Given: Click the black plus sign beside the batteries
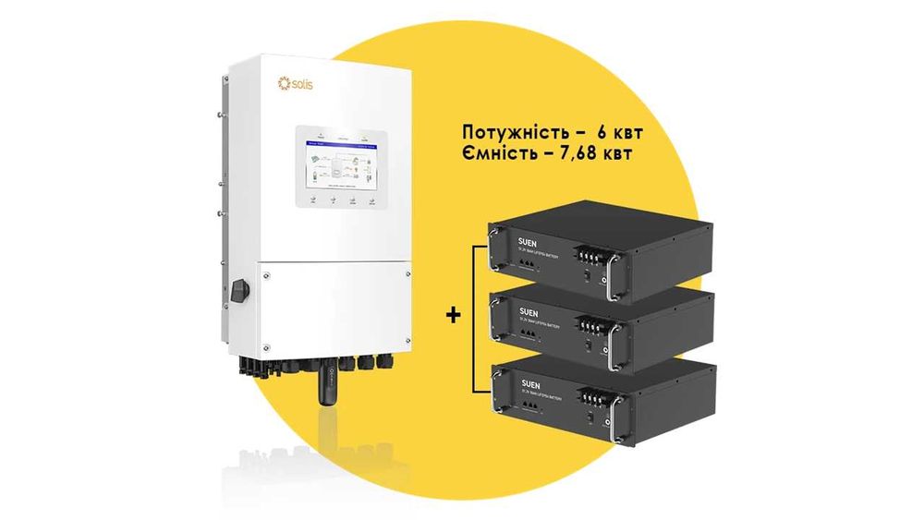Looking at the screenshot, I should tap(453, 315).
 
